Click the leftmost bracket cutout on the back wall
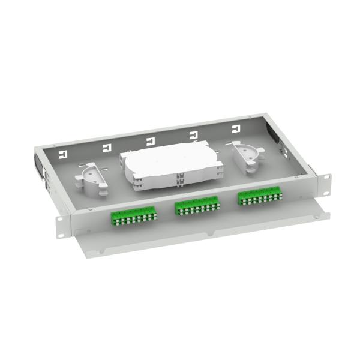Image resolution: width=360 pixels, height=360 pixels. click(x=62, y=155)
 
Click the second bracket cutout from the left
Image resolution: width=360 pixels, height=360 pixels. click(x=107, y=148)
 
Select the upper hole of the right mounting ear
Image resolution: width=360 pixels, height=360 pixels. click(x=326, y=178)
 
